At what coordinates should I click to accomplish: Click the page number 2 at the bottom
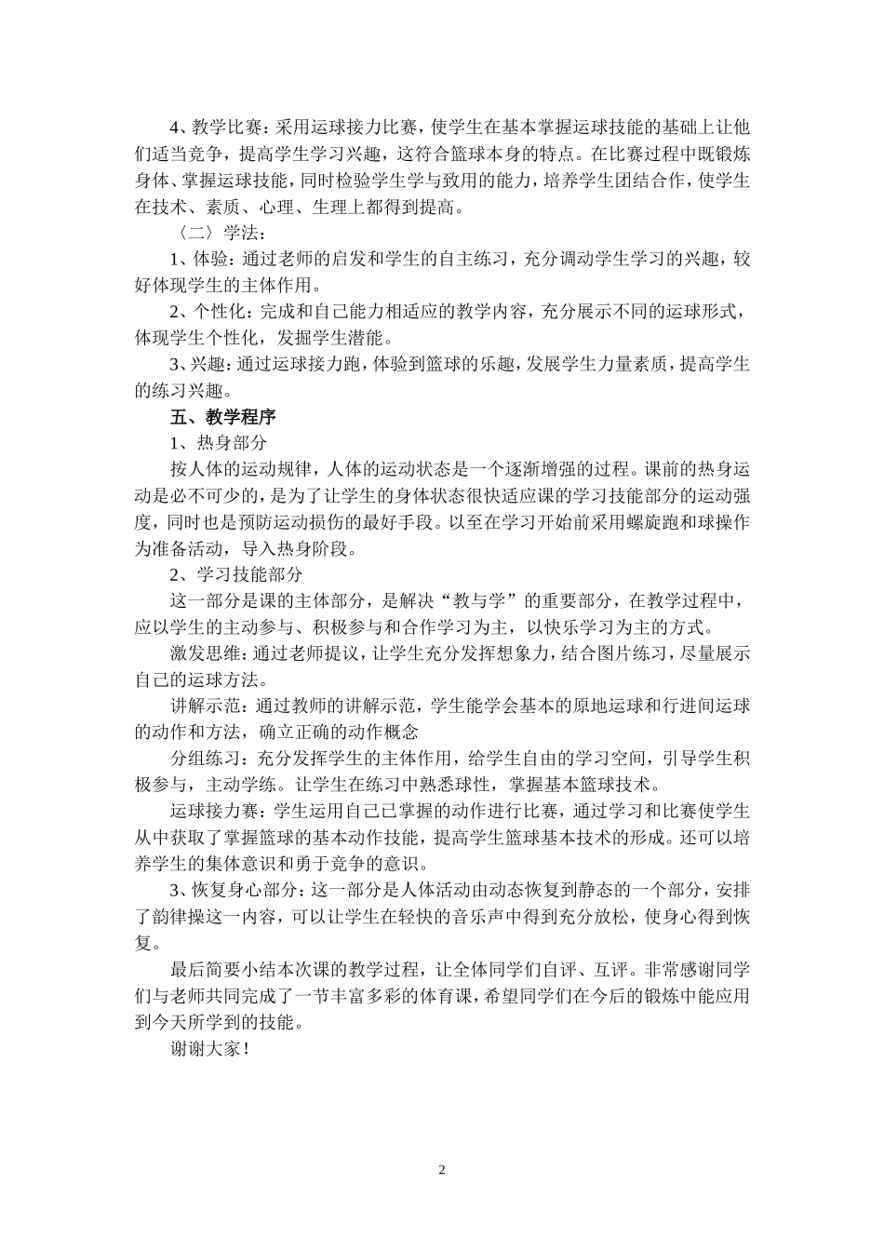(x=442, y=1170)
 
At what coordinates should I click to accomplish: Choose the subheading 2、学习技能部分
(x=235, y=574)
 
